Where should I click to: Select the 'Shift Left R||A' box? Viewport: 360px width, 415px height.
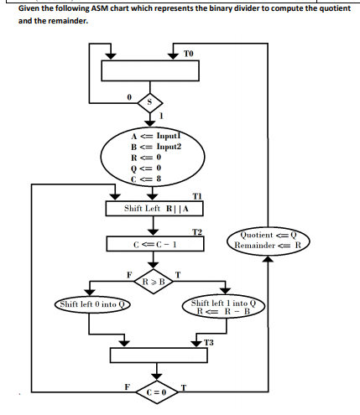pyautogui.click(x=154, y=207)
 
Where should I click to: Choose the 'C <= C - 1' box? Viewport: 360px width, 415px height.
pyautogui.click(x=154, y=244)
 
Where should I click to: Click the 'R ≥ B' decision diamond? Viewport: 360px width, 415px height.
pyautogui.click(x=154, y=280)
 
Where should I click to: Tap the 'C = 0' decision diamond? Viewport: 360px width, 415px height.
pyautogui.click(x=154, y=392)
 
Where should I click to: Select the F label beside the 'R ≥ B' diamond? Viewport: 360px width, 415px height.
pyautogui.click(x=128, y=272)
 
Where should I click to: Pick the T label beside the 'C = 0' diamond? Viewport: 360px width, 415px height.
pyautogui.click(x=183, y=386)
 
